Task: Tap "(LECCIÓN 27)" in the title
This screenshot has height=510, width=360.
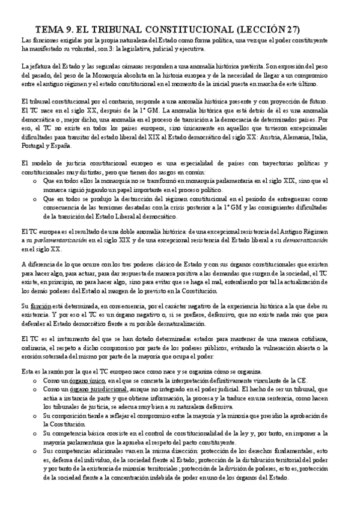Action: [268, 29]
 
